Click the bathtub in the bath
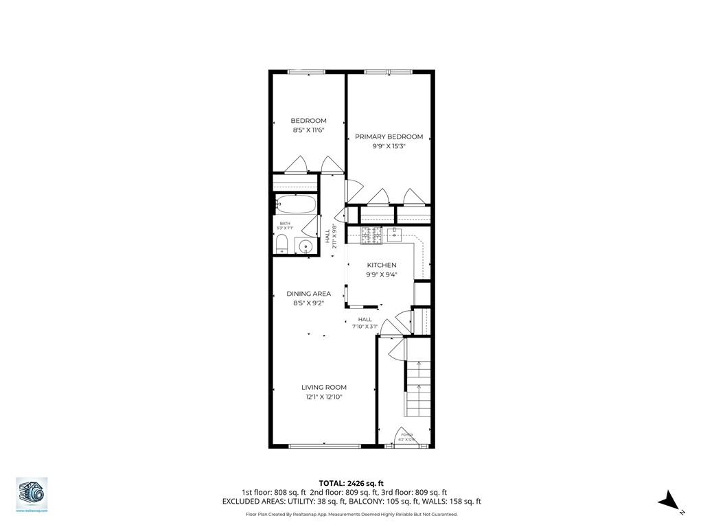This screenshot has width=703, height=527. tap(296, 204)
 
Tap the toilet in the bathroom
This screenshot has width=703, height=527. tap(281, 244)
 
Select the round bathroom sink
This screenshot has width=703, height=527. tap(306, 246)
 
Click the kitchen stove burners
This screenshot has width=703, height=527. tap(371, 235)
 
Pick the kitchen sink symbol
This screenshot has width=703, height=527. tap(394, 235)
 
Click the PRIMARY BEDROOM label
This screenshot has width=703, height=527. tap(389, 137)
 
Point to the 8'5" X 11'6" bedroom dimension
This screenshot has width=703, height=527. tap(308, 130)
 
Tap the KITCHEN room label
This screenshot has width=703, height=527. tap(381, 265)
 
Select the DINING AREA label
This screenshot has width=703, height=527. tap(308, 294)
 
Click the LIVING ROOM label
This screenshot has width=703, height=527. tap(323, 387)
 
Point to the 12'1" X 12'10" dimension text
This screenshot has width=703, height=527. tap(323, 396)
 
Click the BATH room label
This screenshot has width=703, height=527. tap(284, 223)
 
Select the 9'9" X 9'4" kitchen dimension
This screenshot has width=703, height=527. tap(381, 274)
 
